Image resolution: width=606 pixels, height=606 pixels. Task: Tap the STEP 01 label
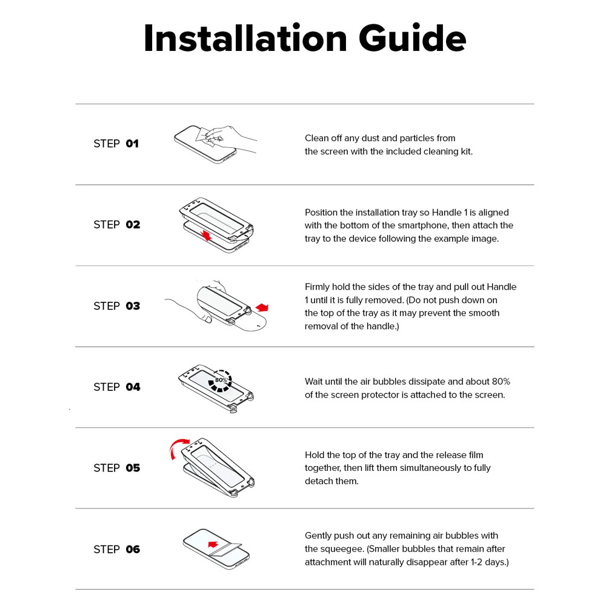coord(116,144)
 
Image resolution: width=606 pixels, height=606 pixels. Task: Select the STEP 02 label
coord(117,225)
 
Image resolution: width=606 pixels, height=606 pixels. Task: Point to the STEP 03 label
coord(117,306)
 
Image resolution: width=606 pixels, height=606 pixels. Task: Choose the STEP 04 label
coord(117,387)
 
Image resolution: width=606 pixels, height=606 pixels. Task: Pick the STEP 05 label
coord(117,468)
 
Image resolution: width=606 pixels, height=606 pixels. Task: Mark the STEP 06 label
coord(117,549)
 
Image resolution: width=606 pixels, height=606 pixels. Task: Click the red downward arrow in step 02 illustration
coord(207,235)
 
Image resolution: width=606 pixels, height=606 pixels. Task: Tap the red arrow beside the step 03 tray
coord(262,307)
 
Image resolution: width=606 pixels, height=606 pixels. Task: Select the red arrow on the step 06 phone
coord(213,544)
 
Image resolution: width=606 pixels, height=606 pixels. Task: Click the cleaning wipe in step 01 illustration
coord(205,136)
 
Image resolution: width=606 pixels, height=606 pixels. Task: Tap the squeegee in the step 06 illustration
coord(225,550)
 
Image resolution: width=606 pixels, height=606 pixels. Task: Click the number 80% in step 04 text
coord(501,381)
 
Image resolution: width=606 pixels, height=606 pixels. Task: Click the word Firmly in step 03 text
coord(317,287)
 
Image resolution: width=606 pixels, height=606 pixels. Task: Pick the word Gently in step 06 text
coord(318,536)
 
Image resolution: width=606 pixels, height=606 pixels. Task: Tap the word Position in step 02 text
coord(319,213)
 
